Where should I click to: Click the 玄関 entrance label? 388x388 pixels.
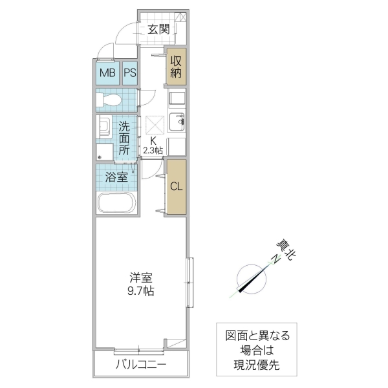(158, 28)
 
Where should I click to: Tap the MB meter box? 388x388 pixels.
(107, 73)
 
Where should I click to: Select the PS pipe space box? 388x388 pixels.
(129, 73)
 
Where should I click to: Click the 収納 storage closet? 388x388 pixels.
(176, 67)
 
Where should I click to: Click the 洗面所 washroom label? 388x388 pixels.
(125, 138)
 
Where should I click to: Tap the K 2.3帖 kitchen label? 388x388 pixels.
(153, 145)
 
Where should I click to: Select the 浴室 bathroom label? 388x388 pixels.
(116, 177)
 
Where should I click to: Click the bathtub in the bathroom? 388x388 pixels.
(116, 204)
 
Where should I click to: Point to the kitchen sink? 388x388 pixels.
(176, 120)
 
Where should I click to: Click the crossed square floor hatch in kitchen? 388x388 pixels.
(155, 124)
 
